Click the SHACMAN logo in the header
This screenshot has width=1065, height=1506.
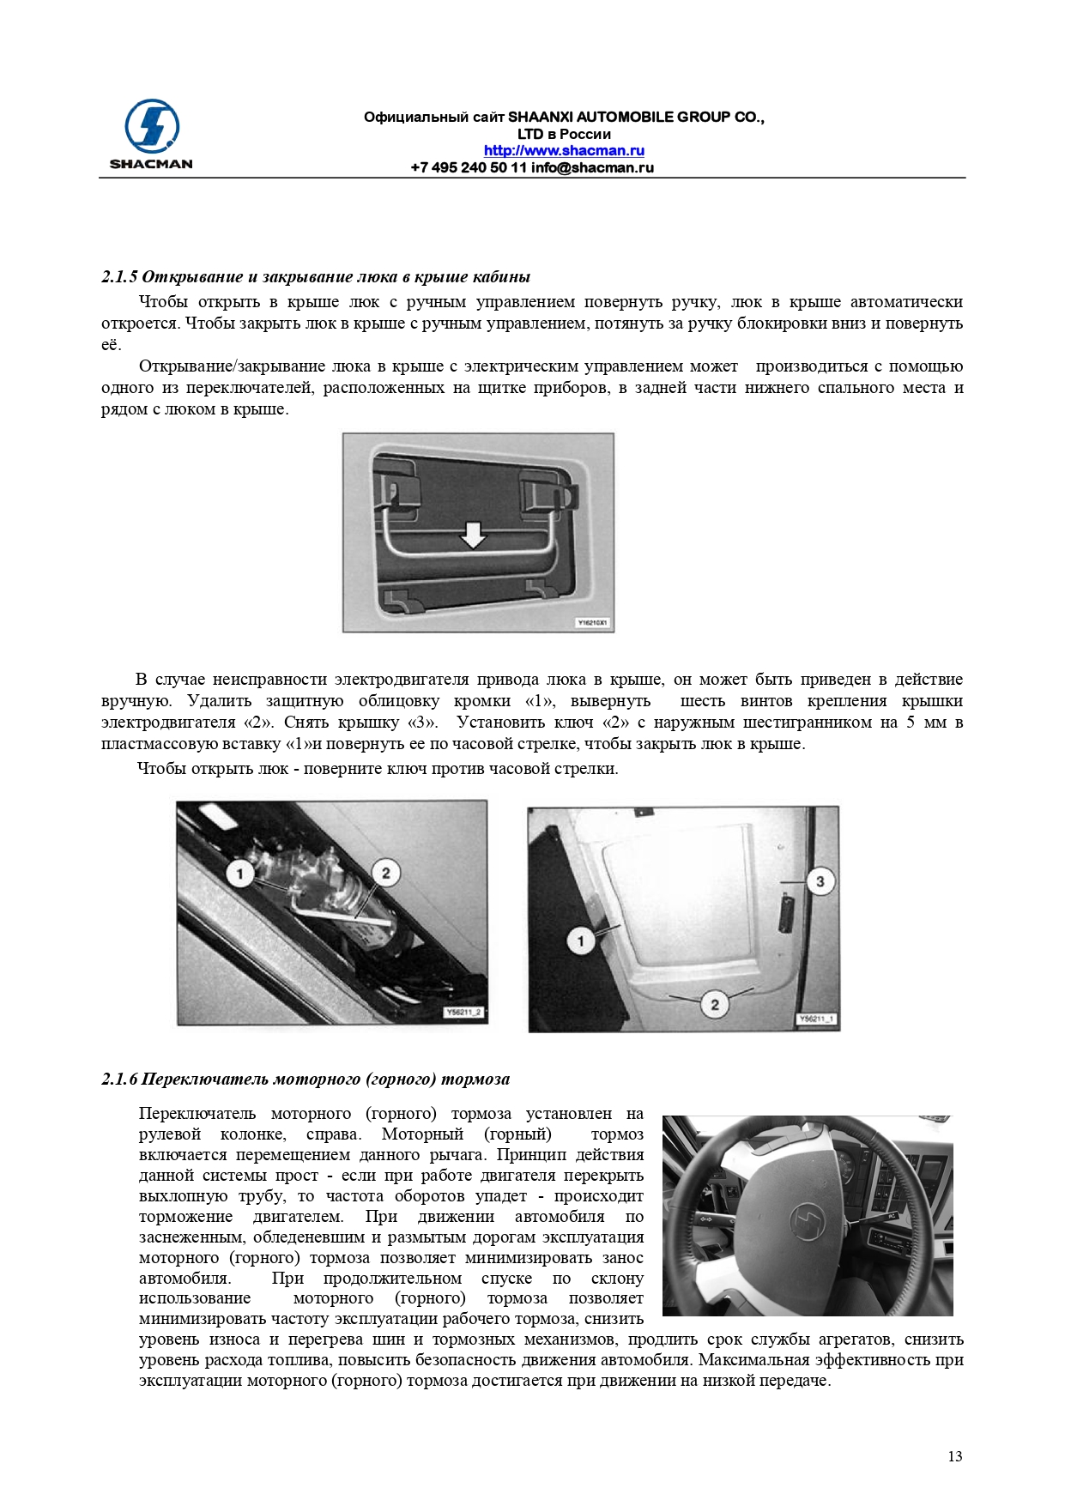(151, 134)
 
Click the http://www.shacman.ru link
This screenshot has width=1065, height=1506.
(564, 150)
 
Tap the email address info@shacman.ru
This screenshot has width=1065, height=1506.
(592, 167)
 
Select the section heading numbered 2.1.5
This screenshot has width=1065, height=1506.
(315, 276)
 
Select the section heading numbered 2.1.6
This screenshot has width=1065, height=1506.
(306, 1079)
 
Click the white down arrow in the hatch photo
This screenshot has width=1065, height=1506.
(473, 535)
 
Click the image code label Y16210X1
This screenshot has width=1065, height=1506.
(592, 622)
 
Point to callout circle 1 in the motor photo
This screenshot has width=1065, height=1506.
(240, 874)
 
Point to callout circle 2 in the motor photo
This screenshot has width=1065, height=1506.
(385, 873)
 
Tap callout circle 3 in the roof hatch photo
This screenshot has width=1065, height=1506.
(820, 881)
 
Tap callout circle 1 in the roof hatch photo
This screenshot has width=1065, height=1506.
(581, 940)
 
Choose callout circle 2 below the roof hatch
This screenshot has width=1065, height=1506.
(714, 1003)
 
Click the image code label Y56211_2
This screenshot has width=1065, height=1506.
(464, 1013)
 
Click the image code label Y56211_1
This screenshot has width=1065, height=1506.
(817, 1019)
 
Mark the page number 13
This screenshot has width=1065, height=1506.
(954, 1456)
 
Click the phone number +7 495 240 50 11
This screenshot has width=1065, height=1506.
(469, 167)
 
